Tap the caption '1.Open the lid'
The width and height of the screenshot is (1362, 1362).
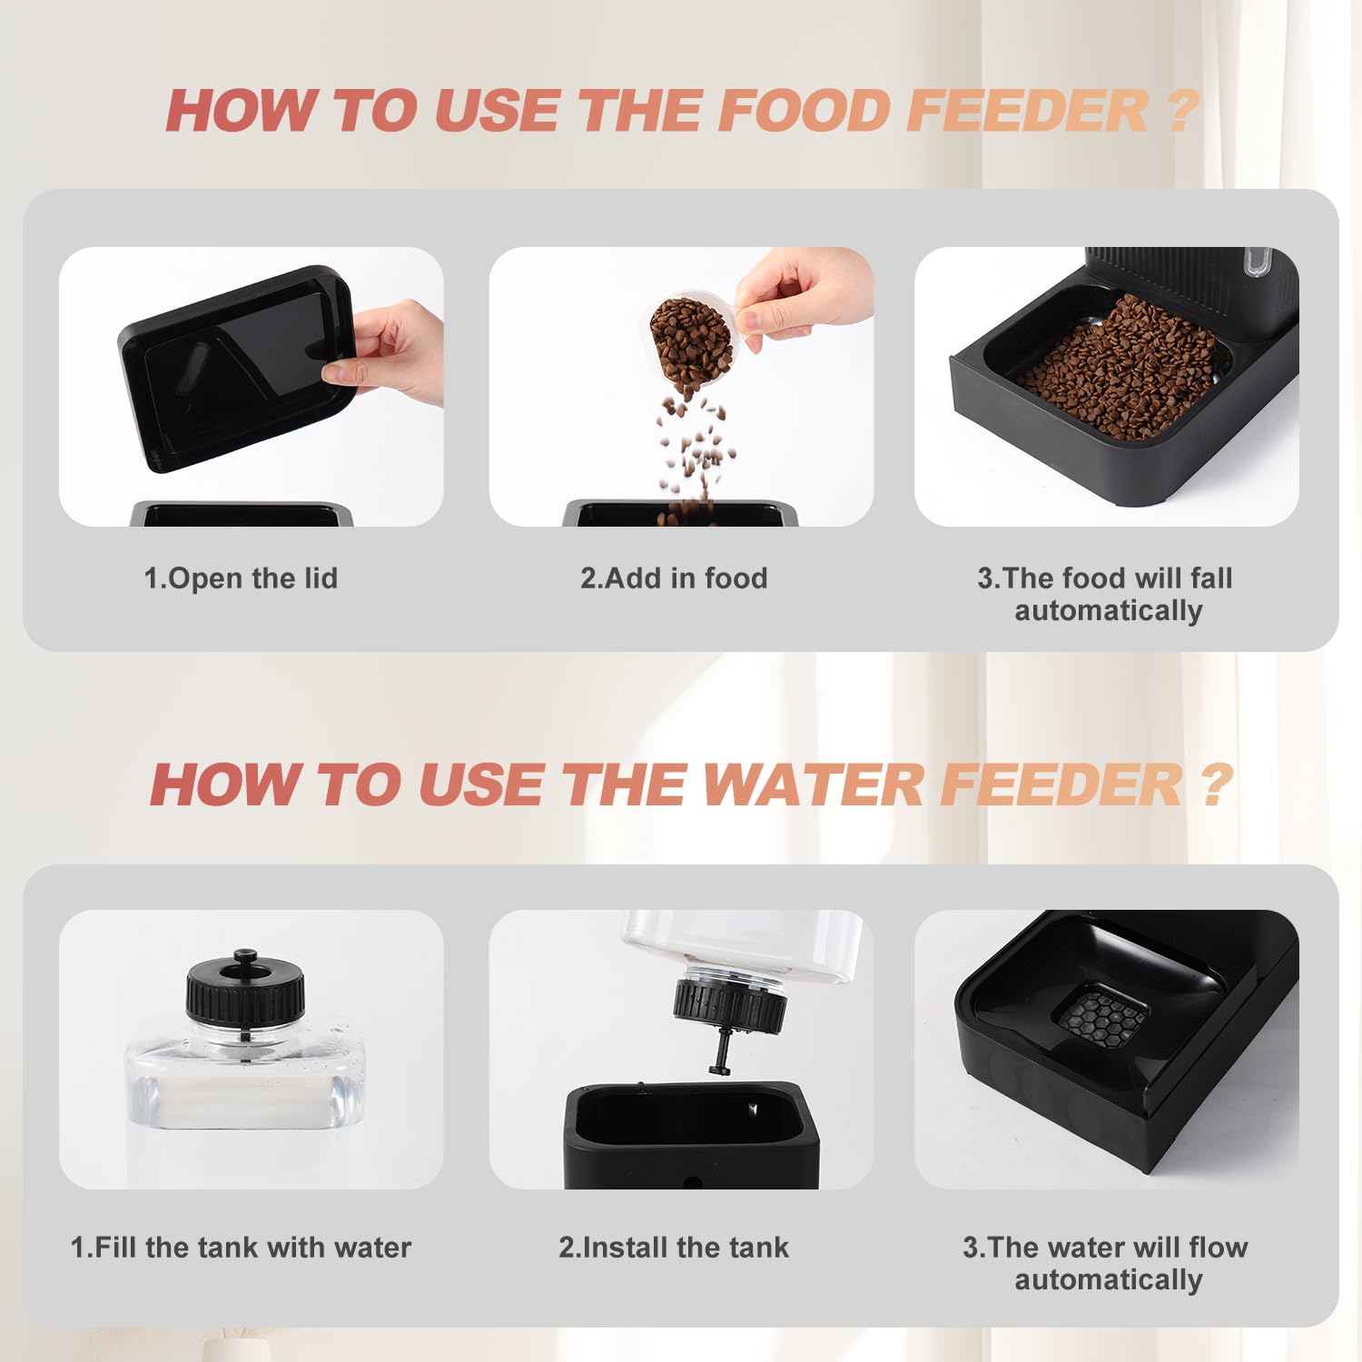point(241,578)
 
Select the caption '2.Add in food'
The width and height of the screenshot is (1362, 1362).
point(674,578)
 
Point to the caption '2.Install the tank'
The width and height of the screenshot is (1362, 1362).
point(674,1248)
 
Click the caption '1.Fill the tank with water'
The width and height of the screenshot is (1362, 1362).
point(241,1248)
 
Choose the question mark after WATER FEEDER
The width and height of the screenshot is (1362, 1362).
point(1216,784)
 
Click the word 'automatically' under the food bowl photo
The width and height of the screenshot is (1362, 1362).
point(1109,611)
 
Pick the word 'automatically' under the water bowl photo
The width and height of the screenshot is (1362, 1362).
point(1109,1280)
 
